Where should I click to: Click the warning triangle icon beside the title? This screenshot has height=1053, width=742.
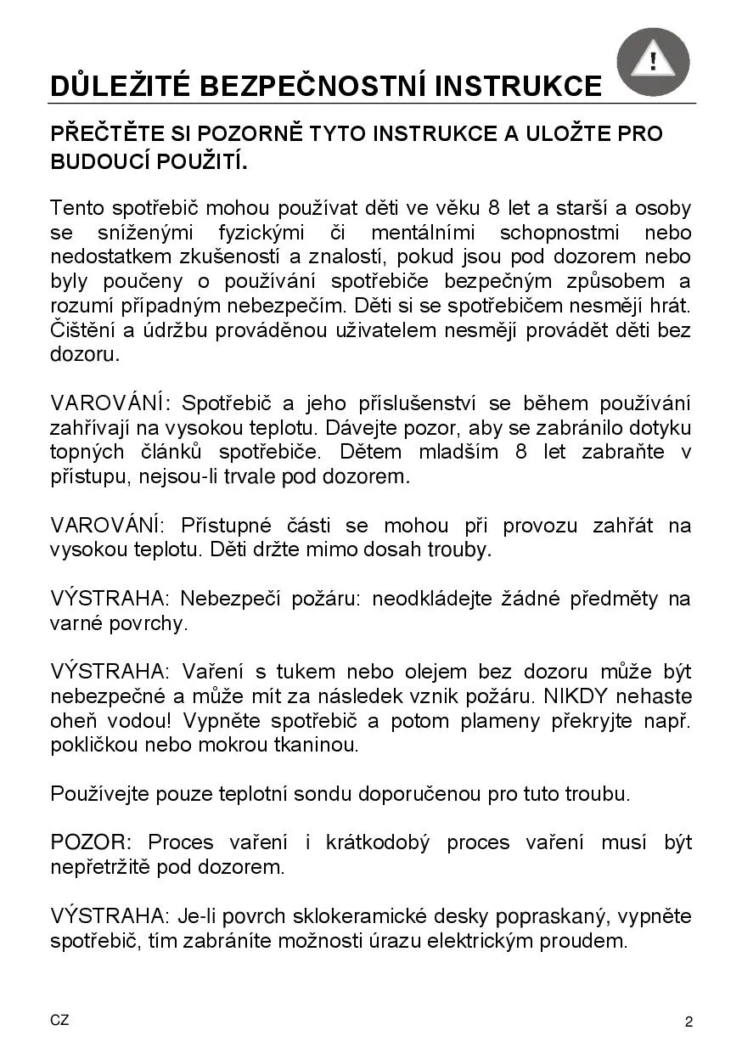tap(653, 61)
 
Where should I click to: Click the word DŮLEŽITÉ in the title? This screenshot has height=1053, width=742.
tap(119, 87)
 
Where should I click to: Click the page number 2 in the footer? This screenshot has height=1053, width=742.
tap(689, 1022)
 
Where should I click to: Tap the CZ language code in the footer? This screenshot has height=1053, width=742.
tap(59, 1021)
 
